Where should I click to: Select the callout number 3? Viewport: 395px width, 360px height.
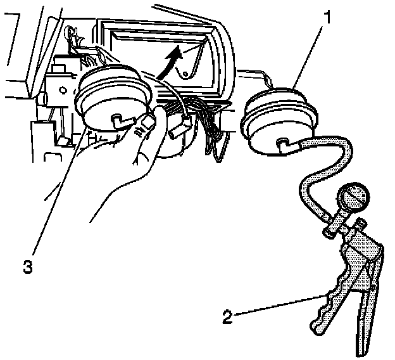click(x=27, y=267)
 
